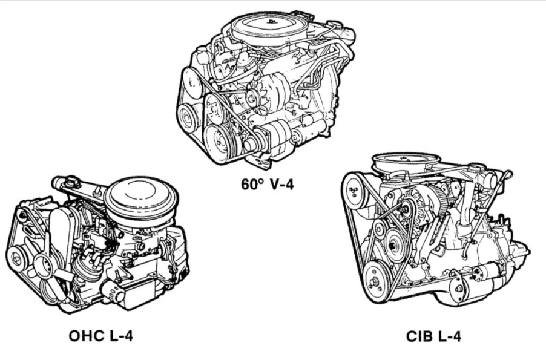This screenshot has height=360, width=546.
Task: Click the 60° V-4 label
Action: coord(267,184)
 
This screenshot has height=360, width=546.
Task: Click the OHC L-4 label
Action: coord(100,335)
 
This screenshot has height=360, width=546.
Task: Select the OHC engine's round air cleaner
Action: coord(141,197)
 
